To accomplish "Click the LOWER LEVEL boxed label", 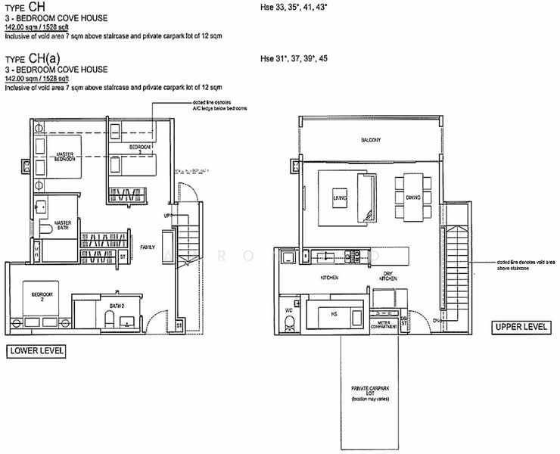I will tap(36, 350).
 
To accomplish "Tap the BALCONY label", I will tap(370, 141).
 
